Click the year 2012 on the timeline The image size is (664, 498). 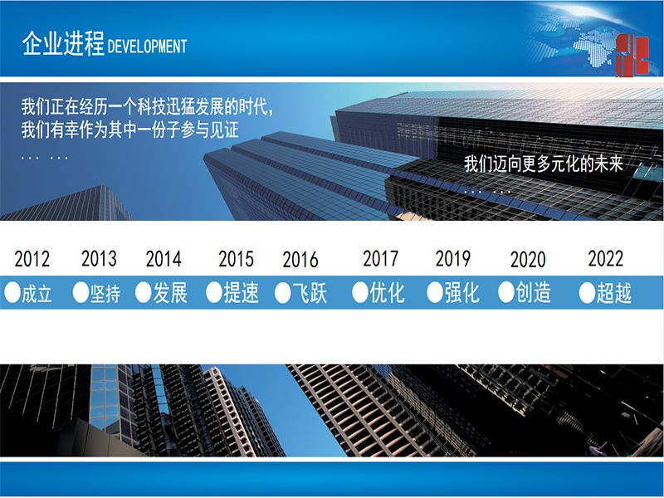(x=32, y=259)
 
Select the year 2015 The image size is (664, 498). (x=237, y=259)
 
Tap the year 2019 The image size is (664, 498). (x=452, y=258)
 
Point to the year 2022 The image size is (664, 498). (x=606, y=258)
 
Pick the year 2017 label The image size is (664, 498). (x=381, y=258)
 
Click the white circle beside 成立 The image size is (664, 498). (x=12, y=293)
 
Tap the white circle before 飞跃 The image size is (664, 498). (x=282, y=293)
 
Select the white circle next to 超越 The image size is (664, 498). (x=587, y=293)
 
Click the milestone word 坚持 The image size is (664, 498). (x=105, y=293)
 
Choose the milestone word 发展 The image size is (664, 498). (x=170, y=293)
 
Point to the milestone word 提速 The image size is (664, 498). (x=241, y=293)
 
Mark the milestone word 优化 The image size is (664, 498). (x=387, y=293)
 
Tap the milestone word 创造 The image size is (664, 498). (x=533, y=293)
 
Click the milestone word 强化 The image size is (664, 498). (x=461, y=293)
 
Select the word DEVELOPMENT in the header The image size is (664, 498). (x=148, y=46)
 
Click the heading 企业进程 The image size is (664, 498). (x=63, y=44)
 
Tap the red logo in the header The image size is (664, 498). (x=632, y=56)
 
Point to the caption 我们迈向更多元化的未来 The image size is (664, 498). (x=544, y=164)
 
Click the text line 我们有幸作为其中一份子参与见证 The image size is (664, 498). (x=130, y=129)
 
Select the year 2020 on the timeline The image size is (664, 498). (x=528, y=260)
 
